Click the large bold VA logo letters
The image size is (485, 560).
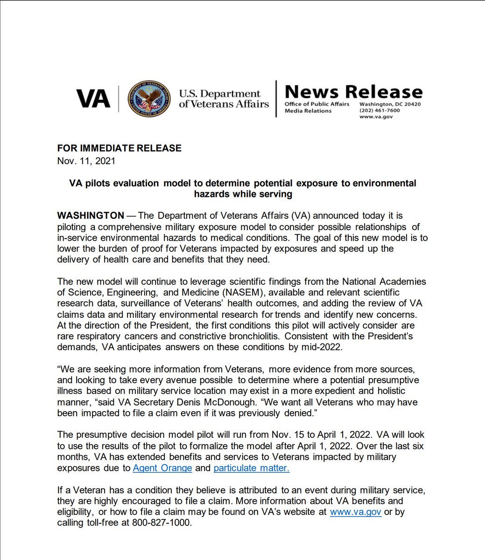pos(93,99)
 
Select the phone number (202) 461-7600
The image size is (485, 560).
pos(379,111)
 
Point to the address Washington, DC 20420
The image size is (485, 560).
pos(389,104)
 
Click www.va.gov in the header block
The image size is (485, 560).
pos(375,117)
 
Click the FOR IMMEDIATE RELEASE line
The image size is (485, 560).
pos(119,148)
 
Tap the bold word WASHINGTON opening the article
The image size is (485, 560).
pos(91,216)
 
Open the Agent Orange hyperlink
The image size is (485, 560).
pos(162,468)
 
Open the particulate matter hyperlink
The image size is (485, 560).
pos(251,468)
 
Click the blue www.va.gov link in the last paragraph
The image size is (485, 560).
pos(355,512)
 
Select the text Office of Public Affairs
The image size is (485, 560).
pos(317,104)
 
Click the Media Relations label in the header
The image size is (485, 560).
pos(308,111)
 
